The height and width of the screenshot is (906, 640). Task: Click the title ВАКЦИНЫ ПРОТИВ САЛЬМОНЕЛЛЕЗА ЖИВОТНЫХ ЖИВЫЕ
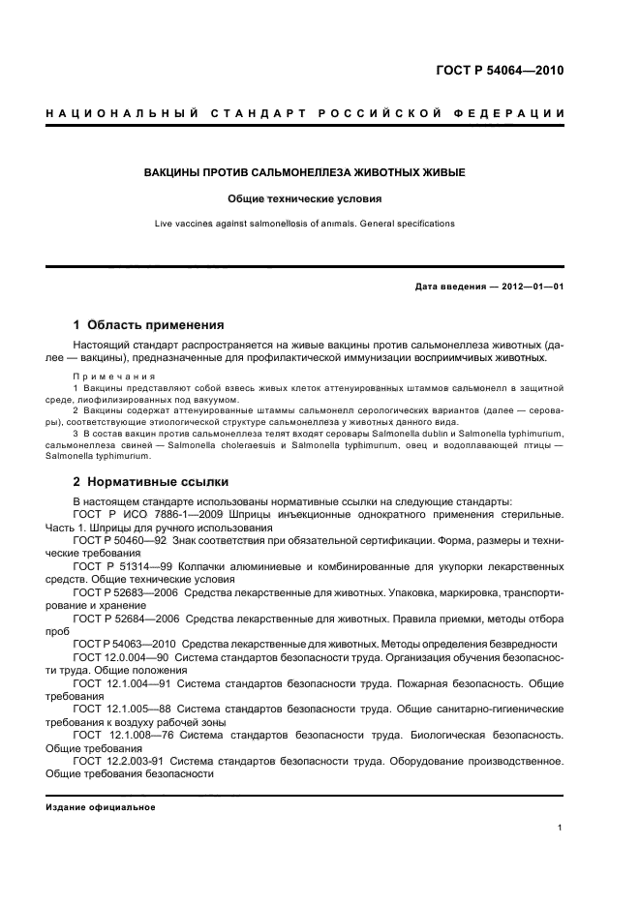[x=305, y=172]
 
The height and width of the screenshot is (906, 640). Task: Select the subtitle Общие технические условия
[x=305, y=198]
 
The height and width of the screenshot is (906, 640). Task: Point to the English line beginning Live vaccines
[x=305, y=224]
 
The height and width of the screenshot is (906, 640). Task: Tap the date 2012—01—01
[x=532, y=287]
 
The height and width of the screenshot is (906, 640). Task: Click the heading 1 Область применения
[x=149, y=325]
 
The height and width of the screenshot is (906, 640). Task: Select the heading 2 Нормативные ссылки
[x=151, y=481]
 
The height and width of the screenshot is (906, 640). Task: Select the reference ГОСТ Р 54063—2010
[x=128, y=644]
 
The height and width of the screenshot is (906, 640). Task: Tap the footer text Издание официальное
[x=101, y=807]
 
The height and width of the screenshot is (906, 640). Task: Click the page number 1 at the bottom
[x=561, y=827]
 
